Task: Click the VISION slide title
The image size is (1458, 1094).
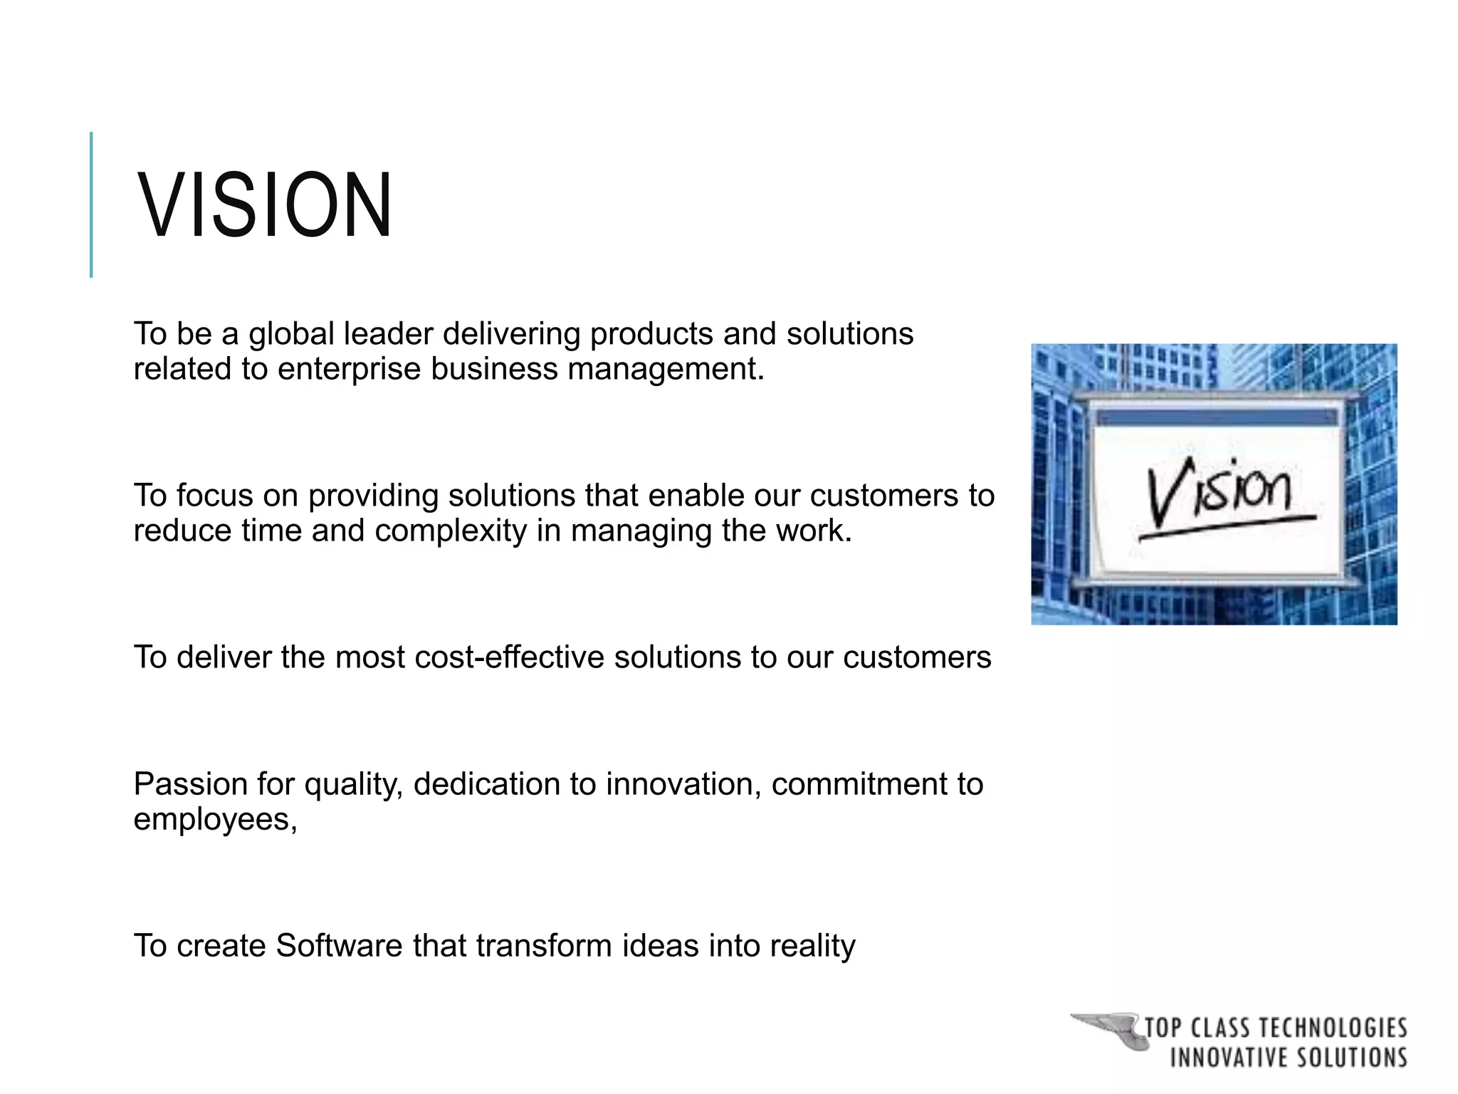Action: click(x=264, y=205)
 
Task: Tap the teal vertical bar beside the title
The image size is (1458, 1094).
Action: click(x=91, y=205)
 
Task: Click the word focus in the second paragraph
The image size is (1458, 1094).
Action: click(x=214, y=496)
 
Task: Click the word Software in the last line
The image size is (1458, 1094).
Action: click(x=339, y=946)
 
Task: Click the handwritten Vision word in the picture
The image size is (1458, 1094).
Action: click(x=1218, y=491)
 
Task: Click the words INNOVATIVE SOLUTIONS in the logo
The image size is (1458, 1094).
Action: click(x=1288, y=1058)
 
